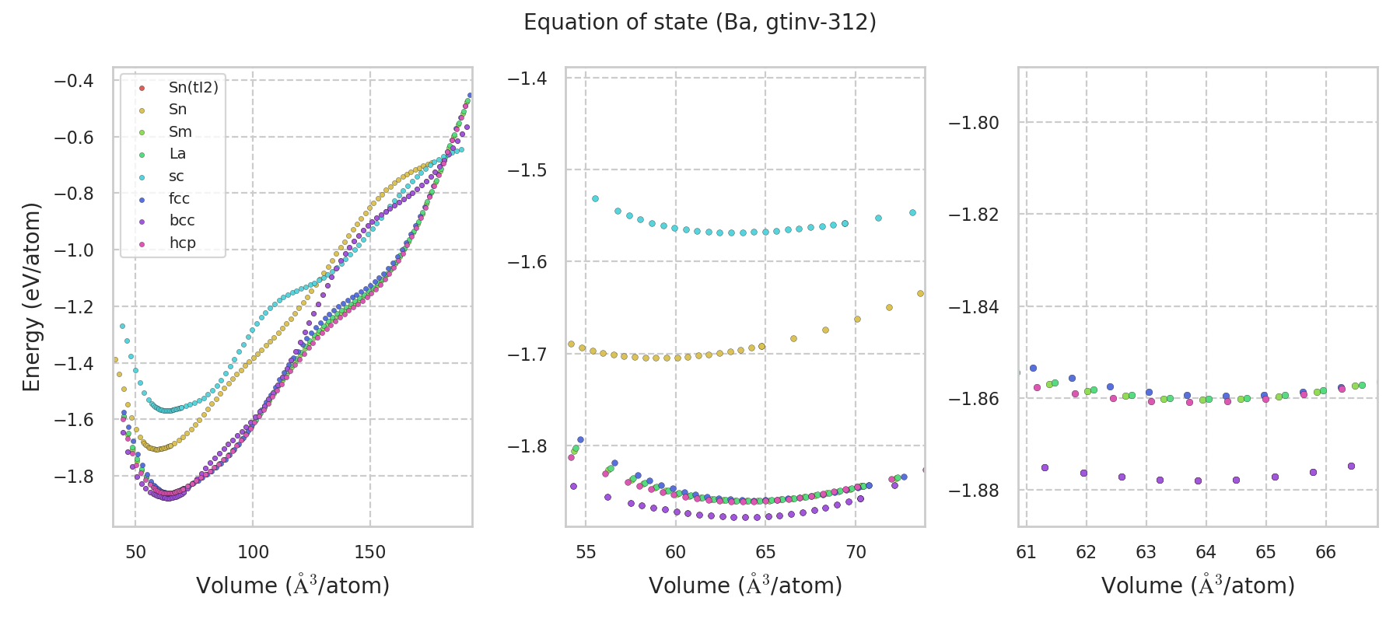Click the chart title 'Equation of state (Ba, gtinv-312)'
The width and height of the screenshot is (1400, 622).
700,23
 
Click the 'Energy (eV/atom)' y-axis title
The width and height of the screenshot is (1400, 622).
31,296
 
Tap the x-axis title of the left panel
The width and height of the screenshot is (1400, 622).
292,585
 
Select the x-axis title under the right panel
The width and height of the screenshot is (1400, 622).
1198,585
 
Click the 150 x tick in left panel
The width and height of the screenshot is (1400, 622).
369,553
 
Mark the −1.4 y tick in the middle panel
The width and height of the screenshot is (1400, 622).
527,78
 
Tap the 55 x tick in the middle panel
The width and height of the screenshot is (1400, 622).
586,553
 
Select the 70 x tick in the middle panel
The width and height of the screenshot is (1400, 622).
856,553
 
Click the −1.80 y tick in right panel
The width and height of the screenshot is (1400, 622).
973,123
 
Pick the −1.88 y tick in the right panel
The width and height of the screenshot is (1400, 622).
973,491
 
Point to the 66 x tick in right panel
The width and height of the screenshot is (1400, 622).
1325,553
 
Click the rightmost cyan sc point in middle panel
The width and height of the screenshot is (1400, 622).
912,212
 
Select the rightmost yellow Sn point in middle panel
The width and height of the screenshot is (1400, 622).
920,294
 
